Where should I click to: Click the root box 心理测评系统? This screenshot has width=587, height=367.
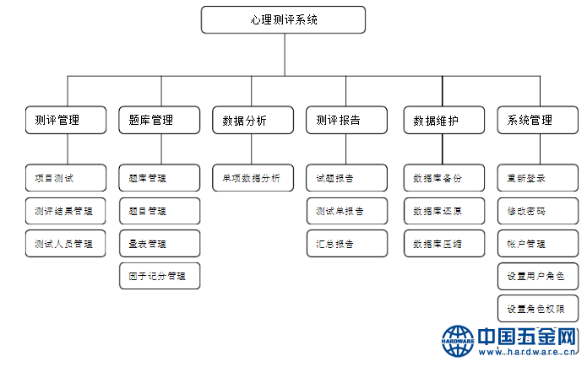(x=283, y=19)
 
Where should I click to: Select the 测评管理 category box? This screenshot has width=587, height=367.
(x=66, y=120)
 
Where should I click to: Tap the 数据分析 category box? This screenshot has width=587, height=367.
(x=253, y=120)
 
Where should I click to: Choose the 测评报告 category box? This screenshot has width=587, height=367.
(x=346, y=120)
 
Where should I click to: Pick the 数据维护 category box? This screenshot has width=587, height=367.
(x=443, y=120)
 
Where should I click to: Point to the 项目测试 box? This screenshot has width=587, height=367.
(x=66, y=178)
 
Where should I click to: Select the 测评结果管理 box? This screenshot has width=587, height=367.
(x=66, y=210)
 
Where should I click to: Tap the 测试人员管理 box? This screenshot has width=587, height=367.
(x=66, y=243)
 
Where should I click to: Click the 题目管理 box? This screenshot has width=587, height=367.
(x=159, y=210)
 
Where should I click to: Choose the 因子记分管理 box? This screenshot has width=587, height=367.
(x=159, y=276)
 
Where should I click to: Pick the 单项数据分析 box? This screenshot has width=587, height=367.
(x=253, y=178)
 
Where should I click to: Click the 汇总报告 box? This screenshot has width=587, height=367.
(x=346, y=243)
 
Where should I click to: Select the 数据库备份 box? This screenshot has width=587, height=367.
(x=443, y=178)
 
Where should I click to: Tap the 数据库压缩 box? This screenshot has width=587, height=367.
(x=443, y=243)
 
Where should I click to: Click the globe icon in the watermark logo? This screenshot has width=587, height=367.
(x=459, y=341)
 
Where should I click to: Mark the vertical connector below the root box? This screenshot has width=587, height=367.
(x=284, y=55)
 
